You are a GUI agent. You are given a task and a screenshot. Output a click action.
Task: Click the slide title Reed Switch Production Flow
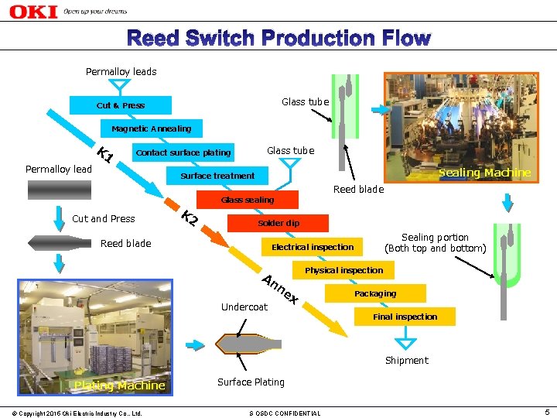pyautogui.click(x=278, y=38)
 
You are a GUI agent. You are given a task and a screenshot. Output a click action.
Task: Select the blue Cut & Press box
pyautogui.click(x=120, y=105)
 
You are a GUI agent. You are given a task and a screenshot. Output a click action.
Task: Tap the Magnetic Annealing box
pyautogui.click(x=151, y=128)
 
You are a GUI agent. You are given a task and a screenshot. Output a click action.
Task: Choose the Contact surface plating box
pyautogui.click(x=183, y=152)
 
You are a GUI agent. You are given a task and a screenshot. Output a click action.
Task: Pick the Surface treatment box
pyautogui.click(x=217, y=176)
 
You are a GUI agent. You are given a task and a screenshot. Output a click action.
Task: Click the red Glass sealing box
pyautogui.click(x=248, y=200)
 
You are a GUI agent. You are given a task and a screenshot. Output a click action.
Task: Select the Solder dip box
pyautogui.click(x=278, y=223)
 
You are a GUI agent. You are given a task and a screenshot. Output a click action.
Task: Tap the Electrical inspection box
pyautogui.click(x=313, y=247)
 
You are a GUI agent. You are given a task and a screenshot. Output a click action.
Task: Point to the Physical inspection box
pyautogui.click(x=343, y=270)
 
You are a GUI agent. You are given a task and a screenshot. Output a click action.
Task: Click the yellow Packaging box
pyautogui.click(x=375, y=293)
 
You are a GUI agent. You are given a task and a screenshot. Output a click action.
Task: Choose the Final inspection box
pyautogui.click(x=405, y=317)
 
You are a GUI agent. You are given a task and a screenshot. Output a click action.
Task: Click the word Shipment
pyautogui.click(x=406, y=360)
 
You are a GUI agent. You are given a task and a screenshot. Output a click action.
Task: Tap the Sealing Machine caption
pyautogui.click(x=485, y=173)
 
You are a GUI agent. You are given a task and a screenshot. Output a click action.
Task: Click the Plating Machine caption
pyautogui.click(x=119, y=385)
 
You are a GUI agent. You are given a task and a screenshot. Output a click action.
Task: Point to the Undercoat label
pyautogui.click(x=244, y=307)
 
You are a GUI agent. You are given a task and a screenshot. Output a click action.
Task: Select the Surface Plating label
pyautogui.click(x=251, y=382)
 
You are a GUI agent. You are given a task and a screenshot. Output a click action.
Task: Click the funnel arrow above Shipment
pyautogui.click(x=405, y=338)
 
